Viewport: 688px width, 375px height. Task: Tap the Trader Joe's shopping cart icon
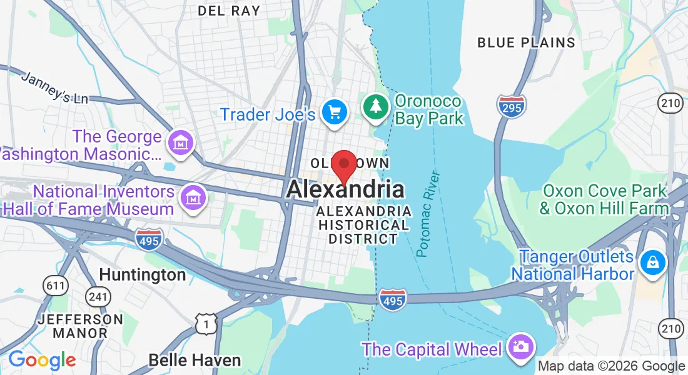click(335, 112)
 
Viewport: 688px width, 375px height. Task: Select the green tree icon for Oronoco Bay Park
click(375, 106)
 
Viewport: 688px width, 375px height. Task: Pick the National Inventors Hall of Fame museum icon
click(193, 198)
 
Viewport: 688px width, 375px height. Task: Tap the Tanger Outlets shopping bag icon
click(652, 261)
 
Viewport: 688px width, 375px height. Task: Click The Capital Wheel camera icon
click(520, 346)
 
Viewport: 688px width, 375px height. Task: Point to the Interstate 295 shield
click(512, 106)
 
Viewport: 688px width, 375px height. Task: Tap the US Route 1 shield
click(206, 323)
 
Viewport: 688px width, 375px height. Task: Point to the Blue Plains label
click(526, 42)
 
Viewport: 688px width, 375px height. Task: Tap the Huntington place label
click(143, 275)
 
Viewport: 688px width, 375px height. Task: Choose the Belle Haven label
click(195, 360)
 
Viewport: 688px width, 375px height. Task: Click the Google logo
click(42, 361)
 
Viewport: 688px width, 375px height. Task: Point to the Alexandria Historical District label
click(363, 225)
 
